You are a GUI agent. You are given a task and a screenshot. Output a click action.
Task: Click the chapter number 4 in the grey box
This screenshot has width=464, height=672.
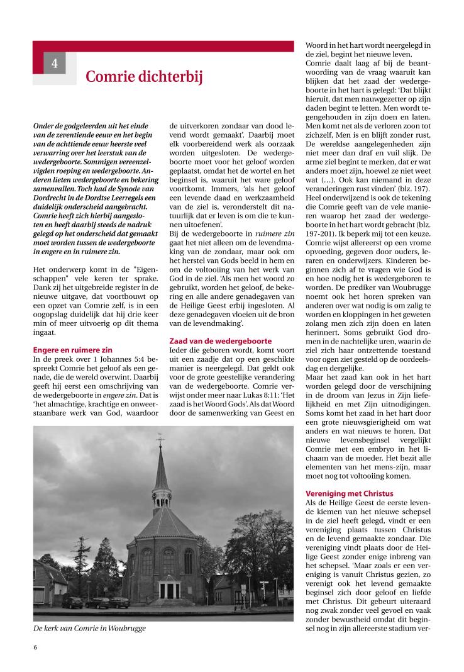click(x=55, y=63)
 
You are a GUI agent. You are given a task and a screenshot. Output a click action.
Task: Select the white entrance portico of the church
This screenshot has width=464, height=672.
click(x=168, y=586)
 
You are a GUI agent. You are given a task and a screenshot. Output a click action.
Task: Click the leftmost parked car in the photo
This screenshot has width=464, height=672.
click(x=72, y=602)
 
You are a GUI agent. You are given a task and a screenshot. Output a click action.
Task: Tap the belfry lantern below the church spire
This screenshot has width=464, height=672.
click(x=162, y=497)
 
